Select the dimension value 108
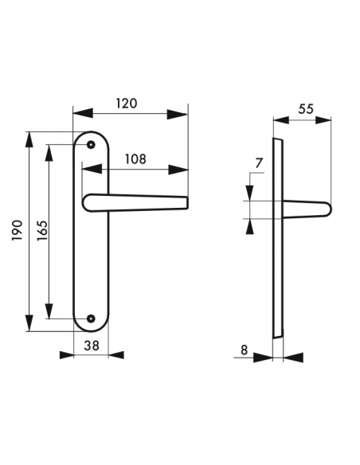click(135, 158)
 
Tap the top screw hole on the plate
click(90, 145)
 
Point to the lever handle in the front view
click(135, 202)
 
